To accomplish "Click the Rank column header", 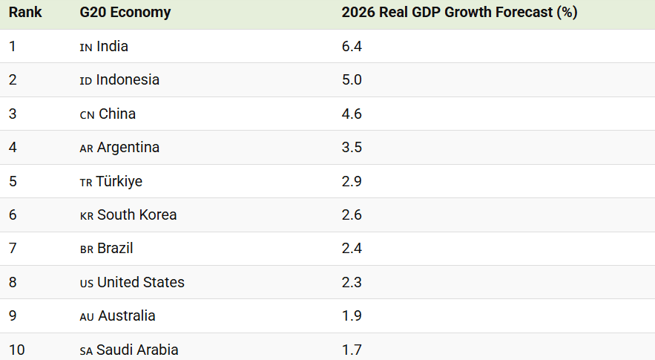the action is tap(25, 12).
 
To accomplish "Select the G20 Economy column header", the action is tap(125, 12).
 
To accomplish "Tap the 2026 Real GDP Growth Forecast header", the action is tap(459, 12).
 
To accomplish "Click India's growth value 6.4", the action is tap(352, 46).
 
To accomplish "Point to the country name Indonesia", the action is tap(128, 79).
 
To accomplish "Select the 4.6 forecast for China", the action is tap(352, 114).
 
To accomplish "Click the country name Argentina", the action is tap(128, 148).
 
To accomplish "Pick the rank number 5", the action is tap(13, 181).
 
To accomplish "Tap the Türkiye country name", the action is tap(119, 181).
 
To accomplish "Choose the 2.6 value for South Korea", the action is tap(352, 215).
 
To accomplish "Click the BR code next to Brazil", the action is tap(87, 249).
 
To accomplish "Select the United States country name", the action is tap(141, 282).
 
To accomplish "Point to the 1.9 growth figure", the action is tap(352, 315).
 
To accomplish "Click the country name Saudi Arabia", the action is tap(137, 350).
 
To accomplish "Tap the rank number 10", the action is tap(17, 350).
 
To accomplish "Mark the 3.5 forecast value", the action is tap(352, 147).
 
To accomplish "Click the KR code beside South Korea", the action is tap(87, 216).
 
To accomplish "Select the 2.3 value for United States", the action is tap(352, 282).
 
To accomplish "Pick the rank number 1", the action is tap(12, 46).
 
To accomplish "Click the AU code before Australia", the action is tap(87, 317).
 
